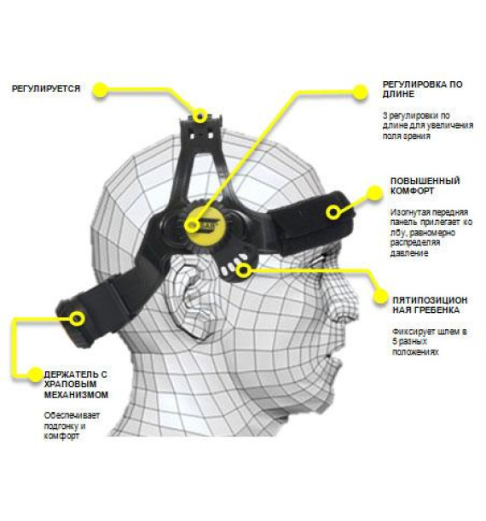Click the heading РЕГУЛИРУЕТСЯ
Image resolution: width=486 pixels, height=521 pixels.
pos(46,89)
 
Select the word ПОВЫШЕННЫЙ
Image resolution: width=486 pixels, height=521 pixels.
pos(425,181)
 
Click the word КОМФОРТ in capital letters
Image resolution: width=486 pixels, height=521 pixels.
pos(412,191)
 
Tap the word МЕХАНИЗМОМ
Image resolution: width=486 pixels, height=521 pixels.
pos(76,395)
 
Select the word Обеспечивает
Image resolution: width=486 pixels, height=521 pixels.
pos(72,415)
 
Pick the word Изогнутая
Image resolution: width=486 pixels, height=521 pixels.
pos(410,212)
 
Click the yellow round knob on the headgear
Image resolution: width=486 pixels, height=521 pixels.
pos(205,224)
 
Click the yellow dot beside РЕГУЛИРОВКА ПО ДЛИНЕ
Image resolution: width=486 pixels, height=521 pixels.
pos(359,92)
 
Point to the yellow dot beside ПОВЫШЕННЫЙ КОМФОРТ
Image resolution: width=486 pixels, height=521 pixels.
pos(374,193)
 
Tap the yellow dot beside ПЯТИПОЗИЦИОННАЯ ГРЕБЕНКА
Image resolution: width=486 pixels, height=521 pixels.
pos(380,296)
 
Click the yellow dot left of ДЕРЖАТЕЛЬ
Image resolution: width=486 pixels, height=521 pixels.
pos(35,374)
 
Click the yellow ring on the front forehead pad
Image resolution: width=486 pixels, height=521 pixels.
pos(333,212)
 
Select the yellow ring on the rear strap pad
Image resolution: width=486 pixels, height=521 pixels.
pos(78,319)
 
